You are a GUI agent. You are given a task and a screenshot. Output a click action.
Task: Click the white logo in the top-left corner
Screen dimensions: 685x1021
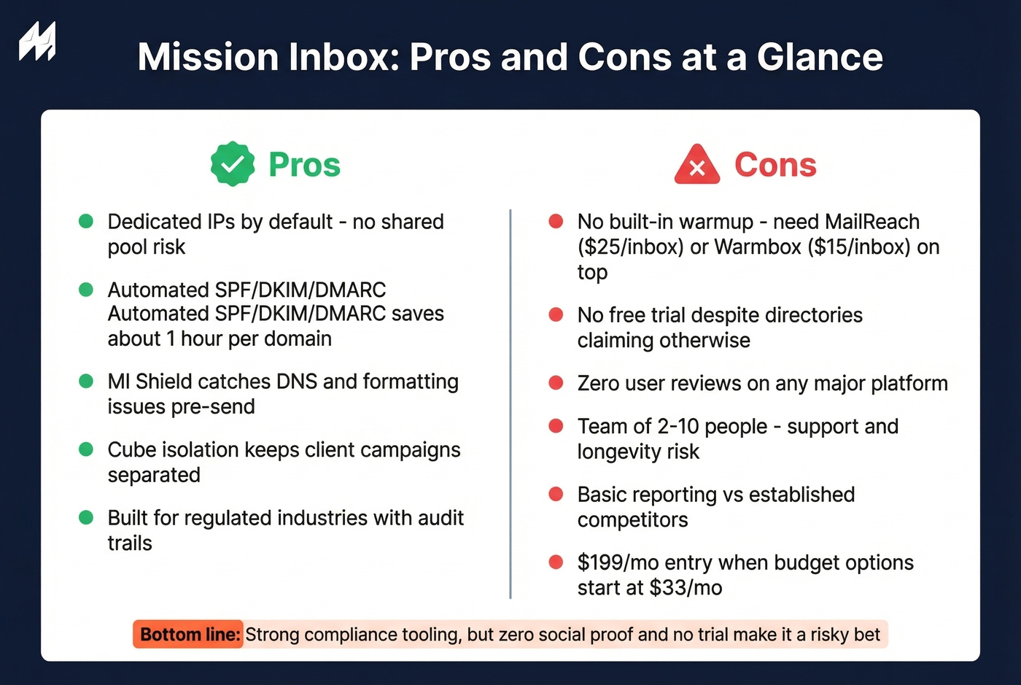(x=37, y=42)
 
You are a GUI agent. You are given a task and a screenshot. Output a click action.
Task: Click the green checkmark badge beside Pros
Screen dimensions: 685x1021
(x=233, y=164)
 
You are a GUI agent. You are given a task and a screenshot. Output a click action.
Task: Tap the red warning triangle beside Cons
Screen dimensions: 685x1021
(x=697, y=165)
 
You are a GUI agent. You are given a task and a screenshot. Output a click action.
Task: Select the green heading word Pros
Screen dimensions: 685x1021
(x=304, y=165)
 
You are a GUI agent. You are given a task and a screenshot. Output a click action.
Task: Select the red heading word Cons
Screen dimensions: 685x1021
(x=775, y=165)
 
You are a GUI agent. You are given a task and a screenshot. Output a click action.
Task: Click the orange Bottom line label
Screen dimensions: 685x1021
(x=189, y=635)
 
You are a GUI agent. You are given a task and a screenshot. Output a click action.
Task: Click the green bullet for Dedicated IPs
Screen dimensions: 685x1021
(x=86, y=221)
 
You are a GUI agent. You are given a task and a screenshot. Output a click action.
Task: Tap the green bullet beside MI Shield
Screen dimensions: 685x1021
(x=86, y=381)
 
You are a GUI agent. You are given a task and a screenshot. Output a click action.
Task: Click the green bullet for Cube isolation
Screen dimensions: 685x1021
(x=86, y=449)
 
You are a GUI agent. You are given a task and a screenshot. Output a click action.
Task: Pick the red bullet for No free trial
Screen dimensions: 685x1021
(x=556, y=314)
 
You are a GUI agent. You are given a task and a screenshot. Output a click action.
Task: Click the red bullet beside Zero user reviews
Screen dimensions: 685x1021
(x=556, y=383)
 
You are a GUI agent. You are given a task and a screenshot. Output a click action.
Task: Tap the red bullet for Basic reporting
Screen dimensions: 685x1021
(x=556, y=495)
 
